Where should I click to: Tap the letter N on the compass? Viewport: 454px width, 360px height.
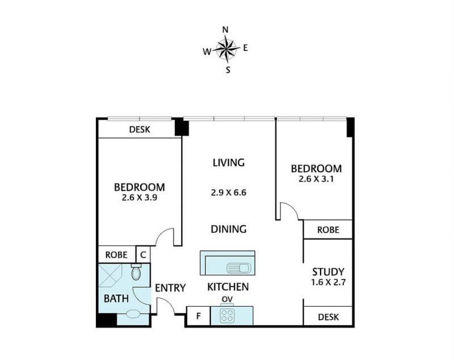pos(225,30)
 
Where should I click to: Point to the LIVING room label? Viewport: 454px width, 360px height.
pos(229,163)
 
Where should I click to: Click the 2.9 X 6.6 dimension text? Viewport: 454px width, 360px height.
pos(229,193)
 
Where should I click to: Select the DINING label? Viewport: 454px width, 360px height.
pos(229,229)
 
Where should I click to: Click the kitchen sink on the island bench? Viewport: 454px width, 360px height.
pos(240,268)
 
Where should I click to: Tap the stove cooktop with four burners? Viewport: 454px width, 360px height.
pos(227,315)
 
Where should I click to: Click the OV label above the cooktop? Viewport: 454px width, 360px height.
pos(228,299)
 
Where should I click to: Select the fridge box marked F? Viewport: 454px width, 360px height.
pos(198,316)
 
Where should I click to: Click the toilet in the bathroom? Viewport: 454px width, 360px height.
pos(136,272)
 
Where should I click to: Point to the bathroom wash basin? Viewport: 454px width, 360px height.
pos(133,314)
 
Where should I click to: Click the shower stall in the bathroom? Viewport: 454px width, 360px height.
pos(110,276)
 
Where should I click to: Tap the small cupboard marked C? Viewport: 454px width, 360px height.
pos(143,255)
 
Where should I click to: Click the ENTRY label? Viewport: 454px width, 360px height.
pos(170,288)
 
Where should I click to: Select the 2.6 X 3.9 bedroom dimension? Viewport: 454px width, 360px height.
pos(140,198)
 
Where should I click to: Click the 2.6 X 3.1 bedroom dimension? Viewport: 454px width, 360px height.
pos(316,179)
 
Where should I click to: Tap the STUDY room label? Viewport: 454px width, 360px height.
pos(329,272)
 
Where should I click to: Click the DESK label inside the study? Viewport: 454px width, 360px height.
pos(329,317)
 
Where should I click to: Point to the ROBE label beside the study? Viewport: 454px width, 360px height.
pos(329,230)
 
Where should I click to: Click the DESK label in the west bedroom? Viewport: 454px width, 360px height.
pos(140,129)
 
